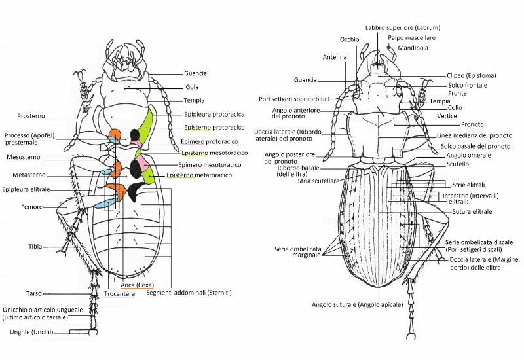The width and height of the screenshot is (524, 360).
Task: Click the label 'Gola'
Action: coord(192,86)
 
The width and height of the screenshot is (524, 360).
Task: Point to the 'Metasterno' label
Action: coord(28,175)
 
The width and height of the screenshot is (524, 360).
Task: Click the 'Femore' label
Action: coord(31,207)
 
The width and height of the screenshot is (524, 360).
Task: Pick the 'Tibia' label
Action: coord(35,247)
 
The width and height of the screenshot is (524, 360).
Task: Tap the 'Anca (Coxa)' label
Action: coord(138,285)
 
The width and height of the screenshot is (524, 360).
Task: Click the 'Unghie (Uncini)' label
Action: coord(30,333)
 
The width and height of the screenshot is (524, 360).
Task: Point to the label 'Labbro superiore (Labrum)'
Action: coord(402,28)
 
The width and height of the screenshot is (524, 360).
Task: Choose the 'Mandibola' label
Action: coord(412,48)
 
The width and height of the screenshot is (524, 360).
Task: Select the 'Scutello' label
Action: coord(458,164)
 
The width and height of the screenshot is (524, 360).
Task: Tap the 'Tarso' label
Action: coord(34,294)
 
